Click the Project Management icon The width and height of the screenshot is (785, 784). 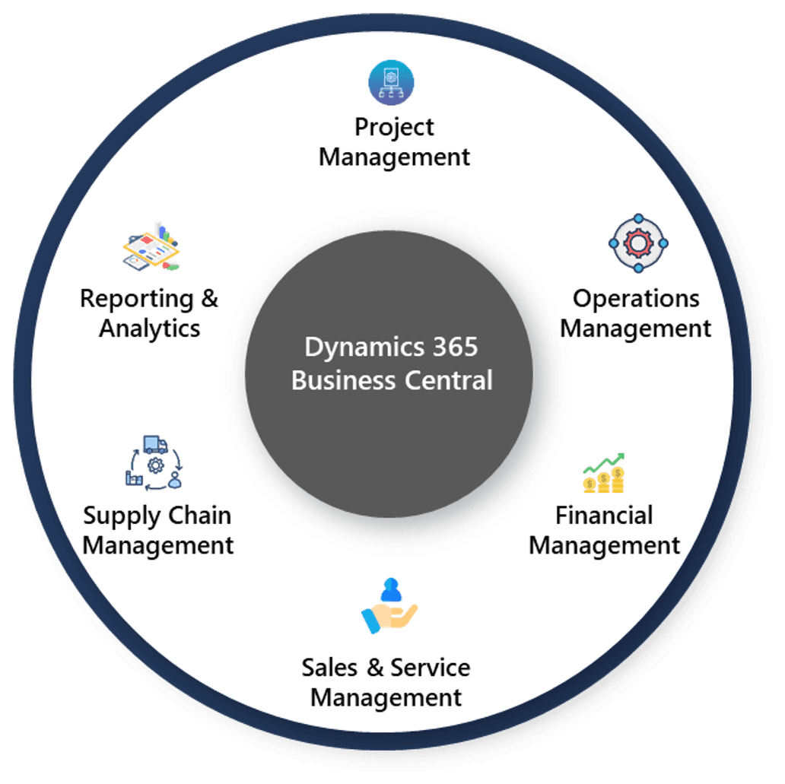(391, 82)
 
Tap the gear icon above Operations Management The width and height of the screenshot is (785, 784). (637, 243)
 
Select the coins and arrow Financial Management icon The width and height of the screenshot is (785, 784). (604, 473)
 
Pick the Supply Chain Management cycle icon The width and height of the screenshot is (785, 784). (154, 462)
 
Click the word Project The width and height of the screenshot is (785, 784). (394, 127)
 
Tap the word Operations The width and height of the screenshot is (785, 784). (636, 298)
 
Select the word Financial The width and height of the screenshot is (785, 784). (604, 515)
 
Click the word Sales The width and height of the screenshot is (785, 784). (329, 667)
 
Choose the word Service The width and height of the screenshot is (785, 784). (430, 667)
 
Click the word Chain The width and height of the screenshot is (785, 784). (201, 515)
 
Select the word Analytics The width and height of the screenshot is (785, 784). (150, 329)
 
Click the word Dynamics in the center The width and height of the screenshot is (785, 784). (354, 347)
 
